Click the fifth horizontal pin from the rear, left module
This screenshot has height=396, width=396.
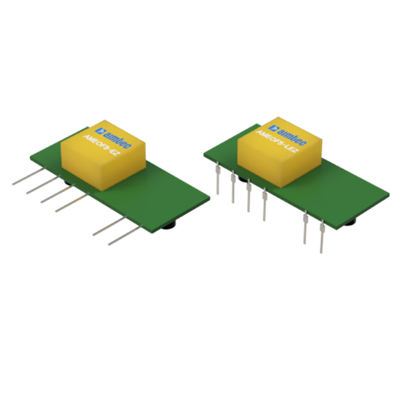(x=105, y=227)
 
